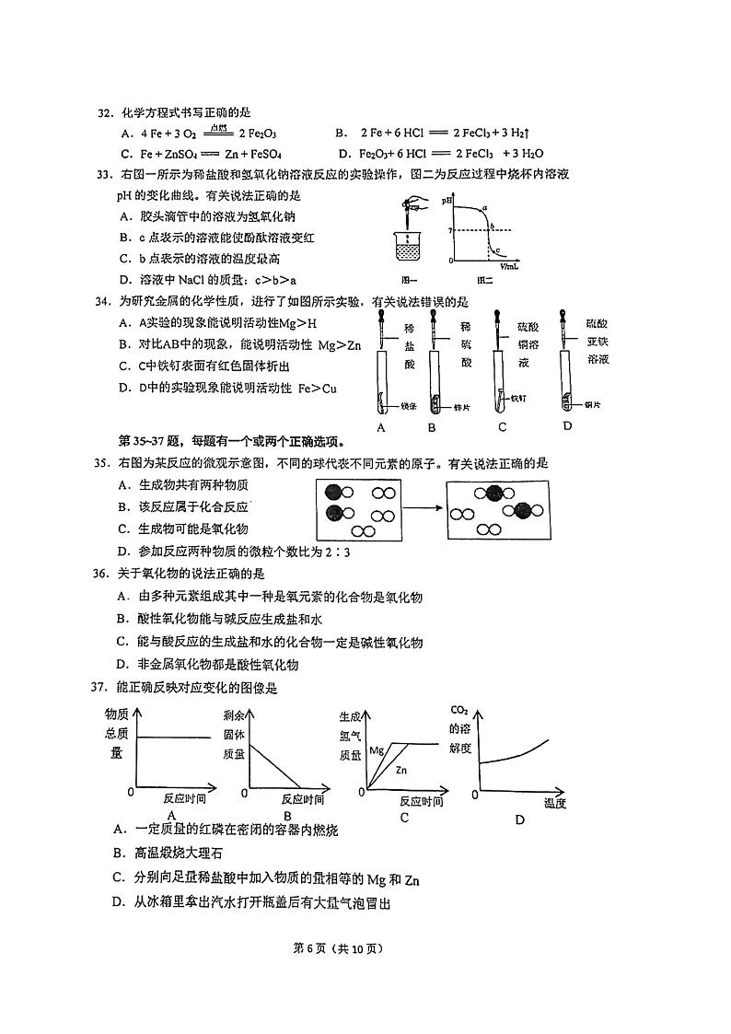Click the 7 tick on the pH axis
pos(450,230)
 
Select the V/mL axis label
pos(509,265)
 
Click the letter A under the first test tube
pos(380,427)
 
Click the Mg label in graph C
pos(376,750)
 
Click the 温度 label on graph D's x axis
pos(554,803)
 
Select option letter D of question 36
pos(122,665)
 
